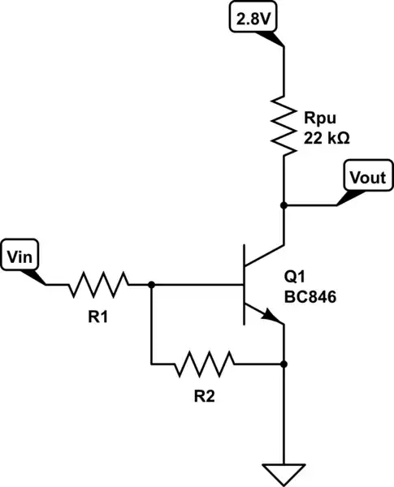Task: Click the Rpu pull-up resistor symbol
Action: coord(284,125)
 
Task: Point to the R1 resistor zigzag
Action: coord(98,285)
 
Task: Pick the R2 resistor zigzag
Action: coord(204,363)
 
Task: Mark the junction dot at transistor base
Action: coord(152,285)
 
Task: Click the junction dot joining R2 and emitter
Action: coord(284,363)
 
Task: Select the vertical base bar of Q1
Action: coord(245,285)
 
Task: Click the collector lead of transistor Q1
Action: coord(266,256)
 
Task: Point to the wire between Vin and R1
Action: coord(57,285)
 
